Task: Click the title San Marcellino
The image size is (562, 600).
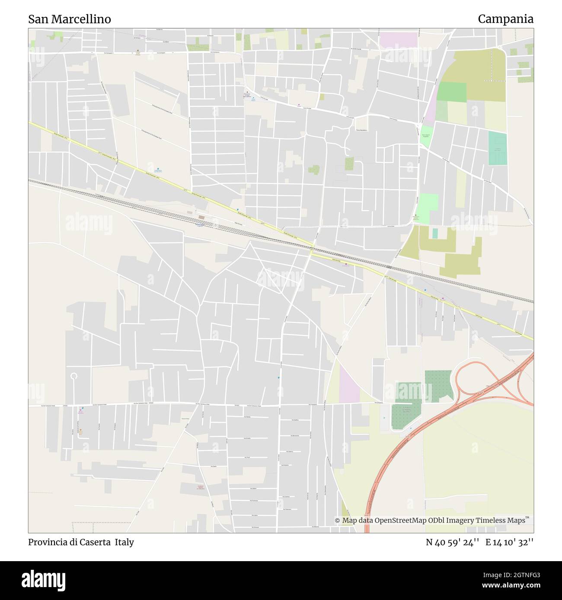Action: (x=70, y=19)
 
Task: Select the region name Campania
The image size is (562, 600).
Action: (x=505, y=19)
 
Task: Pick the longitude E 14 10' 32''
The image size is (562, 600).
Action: (x=509, y=542)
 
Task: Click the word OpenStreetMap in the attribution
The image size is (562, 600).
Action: (x=400, y=521)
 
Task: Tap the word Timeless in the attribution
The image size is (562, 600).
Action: (x=492, y=521)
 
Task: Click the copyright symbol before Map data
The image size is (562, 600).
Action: (x=338, y=521)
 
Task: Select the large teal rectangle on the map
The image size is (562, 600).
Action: (x=497, y=148)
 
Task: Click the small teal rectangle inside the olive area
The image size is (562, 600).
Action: (x=435, y=234)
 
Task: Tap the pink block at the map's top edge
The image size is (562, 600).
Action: (x=398, y=40)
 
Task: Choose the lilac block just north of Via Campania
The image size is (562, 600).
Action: (x=349, y=383)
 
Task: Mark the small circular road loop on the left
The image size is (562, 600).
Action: (x=74, y=376)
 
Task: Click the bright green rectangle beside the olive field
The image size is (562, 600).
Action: (x=451, y=92)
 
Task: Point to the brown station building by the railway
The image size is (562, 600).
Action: (x=202, y=218)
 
